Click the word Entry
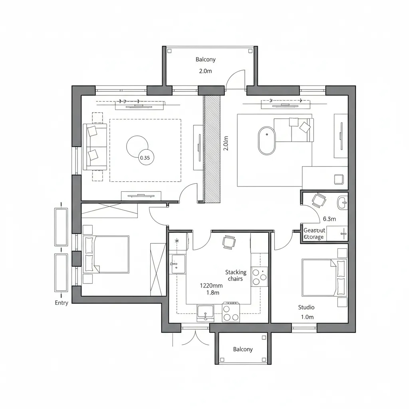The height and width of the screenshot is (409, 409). tap(62, 303)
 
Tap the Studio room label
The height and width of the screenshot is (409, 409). tap(306, 307)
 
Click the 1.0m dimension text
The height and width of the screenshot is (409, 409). tap(307, 317)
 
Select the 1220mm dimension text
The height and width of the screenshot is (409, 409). tap(211, 286)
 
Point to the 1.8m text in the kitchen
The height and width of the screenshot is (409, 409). tap(213, 293)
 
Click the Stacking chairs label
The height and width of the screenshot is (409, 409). tap(236, 276)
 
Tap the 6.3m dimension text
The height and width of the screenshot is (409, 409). tap(329, 219)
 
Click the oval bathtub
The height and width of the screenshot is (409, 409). tap(266, 141)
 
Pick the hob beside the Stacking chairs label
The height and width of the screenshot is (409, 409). tap(259, 277)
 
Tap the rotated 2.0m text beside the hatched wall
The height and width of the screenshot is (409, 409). tap(226, 143)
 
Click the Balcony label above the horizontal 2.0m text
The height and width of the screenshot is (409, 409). tap(206, 60)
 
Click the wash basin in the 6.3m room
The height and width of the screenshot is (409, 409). tap(343, 203)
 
